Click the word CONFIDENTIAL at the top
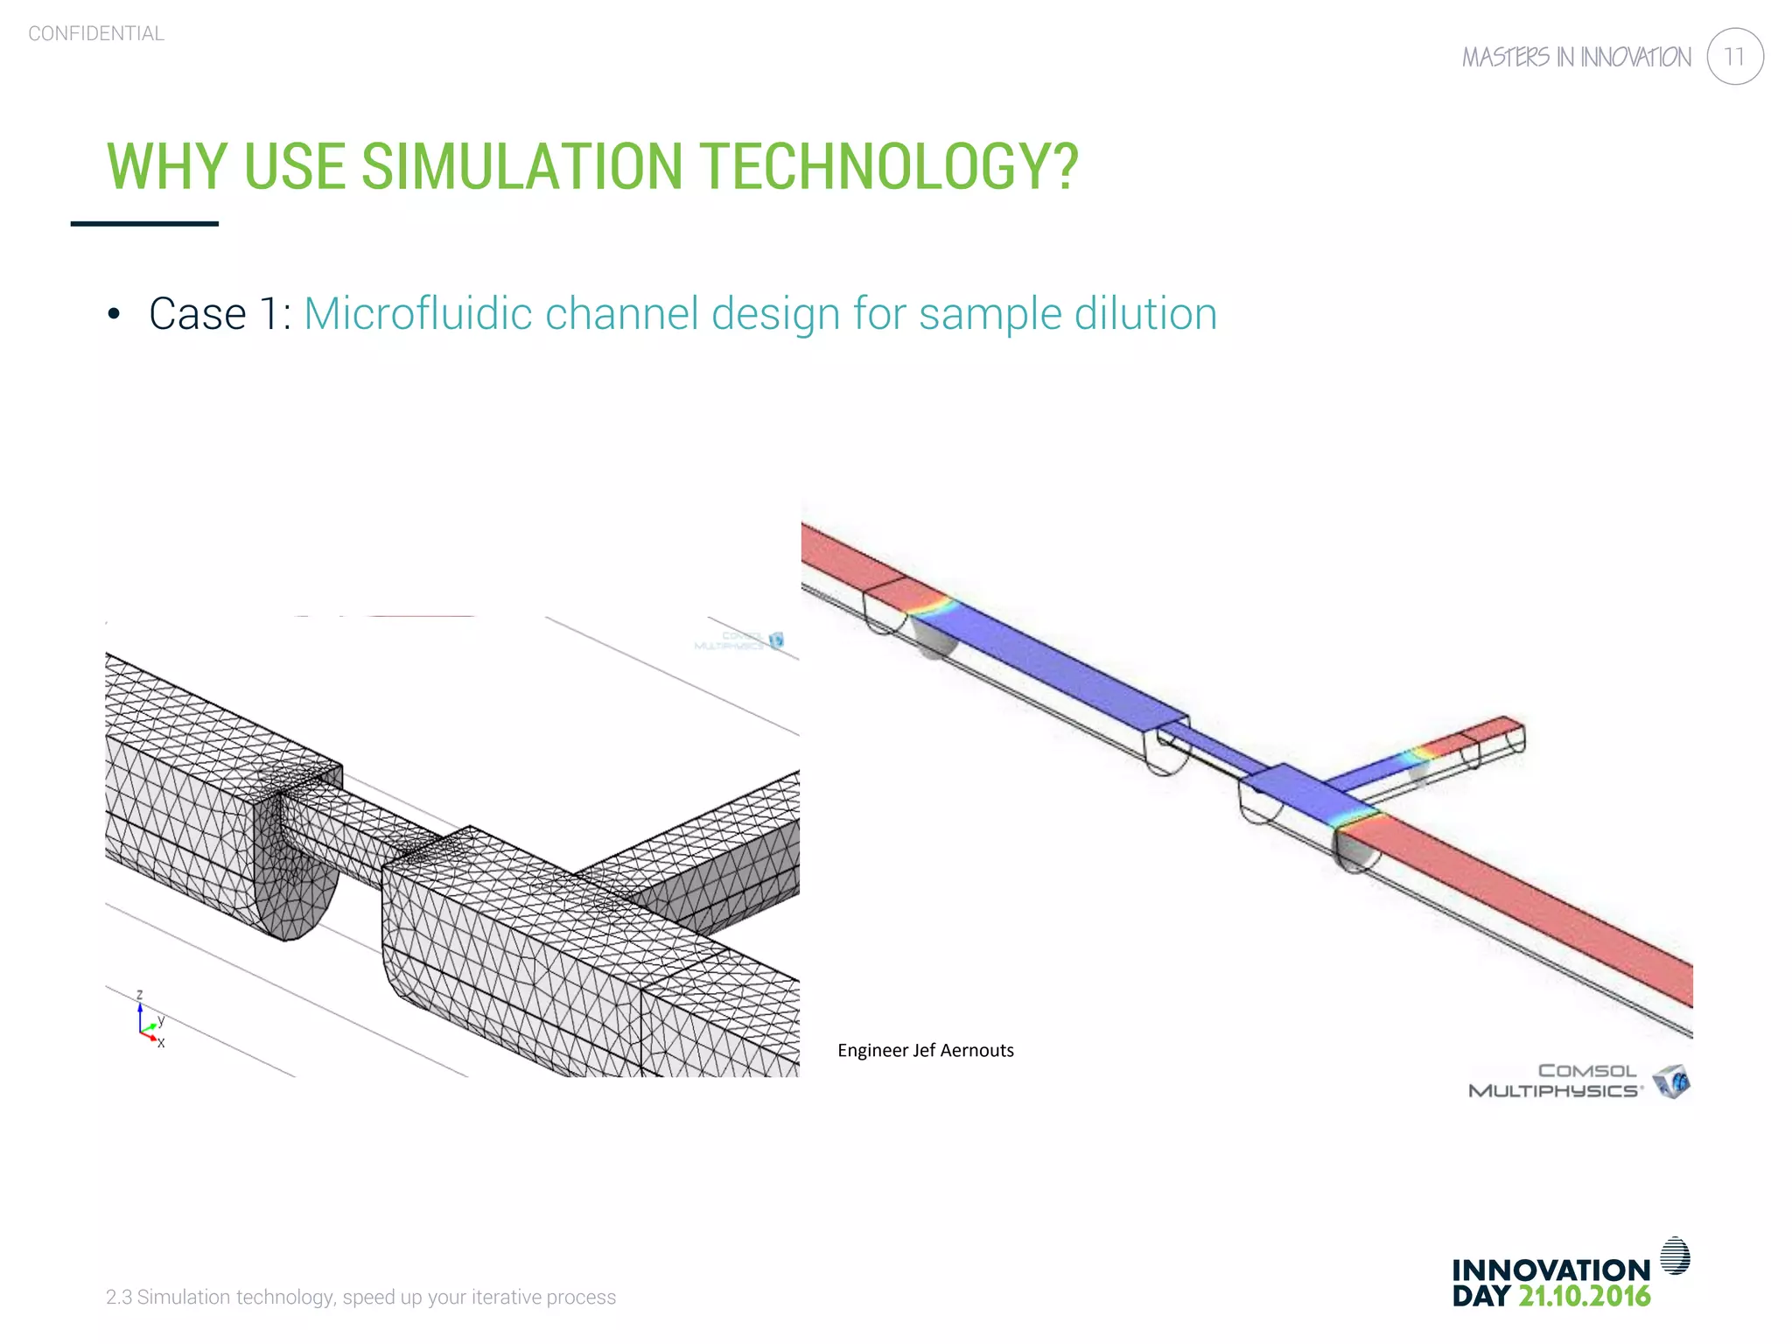(96, 34)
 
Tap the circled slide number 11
(1734, 57)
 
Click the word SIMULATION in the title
(521, 166)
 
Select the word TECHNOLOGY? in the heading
(890, 166)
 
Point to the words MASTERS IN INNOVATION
(1577, 58)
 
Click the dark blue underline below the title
(144, 224)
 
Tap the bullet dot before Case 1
(114, 315)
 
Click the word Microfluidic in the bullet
(418, 314)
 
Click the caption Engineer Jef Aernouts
(925, 1050)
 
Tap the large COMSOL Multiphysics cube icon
(1671, 1081)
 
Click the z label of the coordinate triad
(139, 995)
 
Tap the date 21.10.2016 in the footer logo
(1585, 1296)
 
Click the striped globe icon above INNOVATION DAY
(1675, 1256)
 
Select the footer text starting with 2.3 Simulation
(360, 1297)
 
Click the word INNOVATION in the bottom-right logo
(1550, 1270)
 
